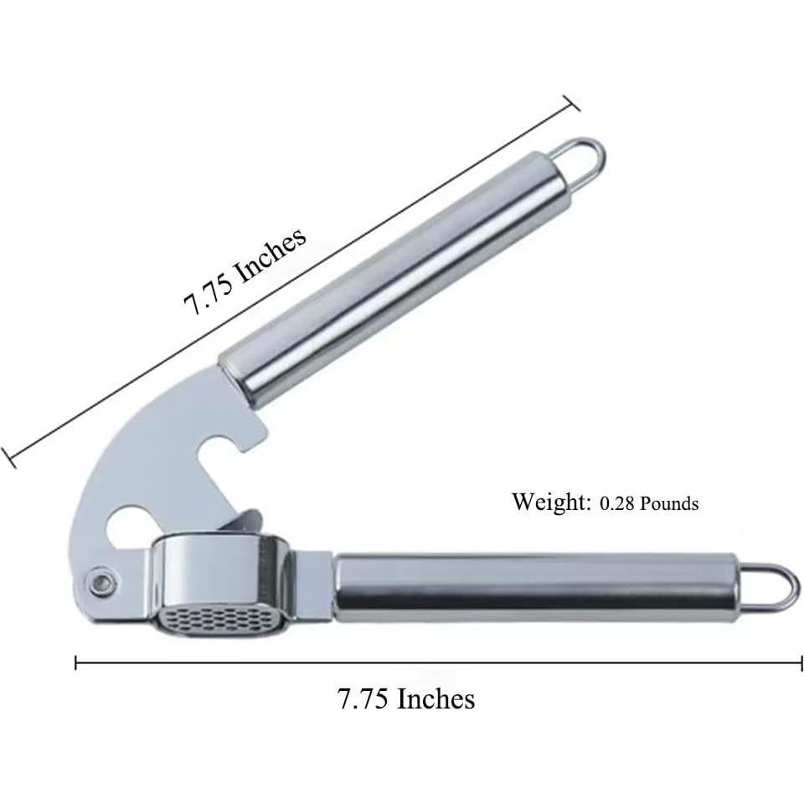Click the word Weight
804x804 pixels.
tap(551, 502)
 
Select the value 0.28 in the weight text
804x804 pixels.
tap(620, 504)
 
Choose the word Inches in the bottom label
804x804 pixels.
tap(435, 698)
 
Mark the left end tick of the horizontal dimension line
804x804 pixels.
tap(76, 662)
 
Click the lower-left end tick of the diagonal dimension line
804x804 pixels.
tap(9, 457)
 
